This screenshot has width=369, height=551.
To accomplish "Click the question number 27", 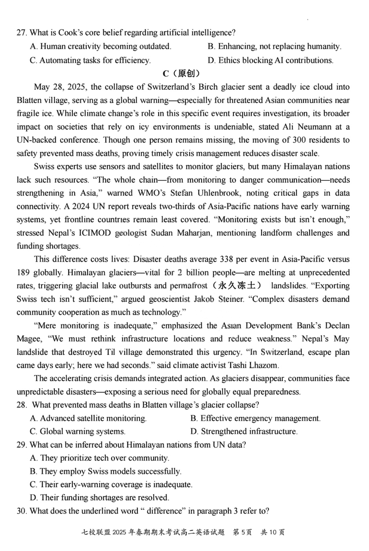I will click(21, 33).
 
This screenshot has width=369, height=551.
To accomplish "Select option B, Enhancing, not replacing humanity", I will click(274, 47).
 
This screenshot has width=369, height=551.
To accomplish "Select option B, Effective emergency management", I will click(255, 419).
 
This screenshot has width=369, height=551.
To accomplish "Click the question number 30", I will click(21, 511).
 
